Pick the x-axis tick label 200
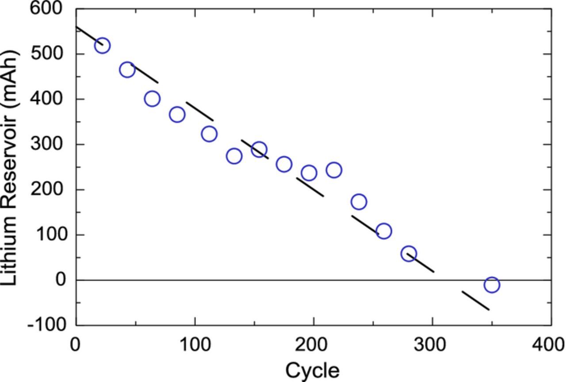(x=314, y=344)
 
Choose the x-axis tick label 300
(x=432, y=344)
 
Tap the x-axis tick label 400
(x=548, y=344)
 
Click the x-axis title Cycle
(x=313, y=370)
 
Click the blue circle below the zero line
(x=492, y=285)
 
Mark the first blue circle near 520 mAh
(x=102, y=46)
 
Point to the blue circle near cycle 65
(x=152, y=99)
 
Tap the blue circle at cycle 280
(x=409, y=254)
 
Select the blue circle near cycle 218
(x=334, y=170)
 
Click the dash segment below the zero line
(x=475, y=301)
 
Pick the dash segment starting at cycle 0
(x=89, y=35)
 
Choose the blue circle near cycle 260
(x=384, y=231)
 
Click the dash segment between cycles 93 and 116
(x=199, y=111)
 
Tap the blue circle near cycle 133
(x=234, y=156)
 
